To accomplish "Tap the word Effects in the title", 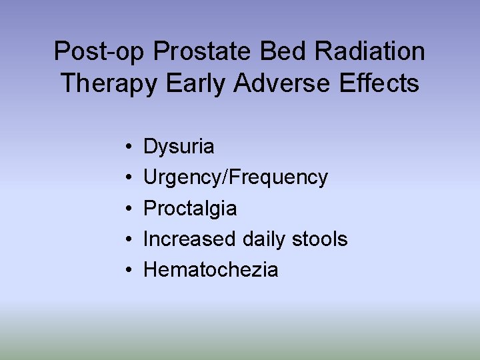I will tap(380, 85).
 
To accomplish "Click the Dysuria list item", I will tap(179, 147).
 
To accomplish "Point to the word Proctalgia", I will tap(190, 209).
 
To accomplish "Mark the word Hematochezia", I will tap(211, 270).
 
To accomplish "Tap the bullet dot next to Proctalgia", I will tap(127, 209).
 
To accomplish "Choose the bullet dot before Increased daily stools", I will tap(127, 239).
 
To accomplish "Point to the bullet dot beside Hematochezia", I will tap(127, 270).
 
